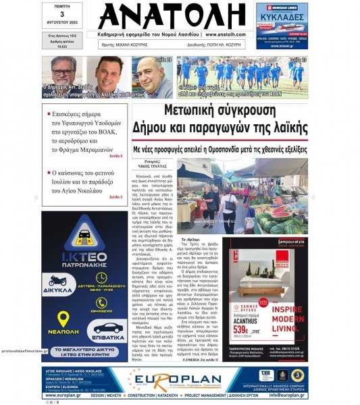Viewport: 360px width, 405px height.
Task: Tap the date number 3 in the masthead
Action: click(x=61, y=14)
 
